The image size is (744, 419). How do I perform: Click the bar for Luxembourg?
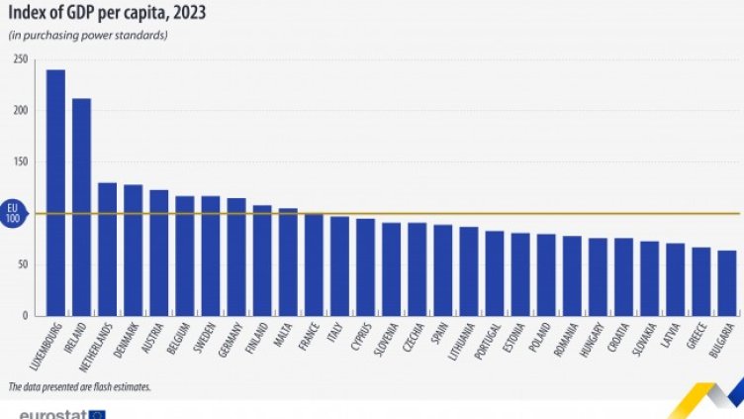point(55,192)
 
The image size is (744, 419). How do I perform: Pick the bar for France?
point(314,263)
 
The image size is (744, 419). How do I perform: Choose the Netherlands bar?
point(108,249)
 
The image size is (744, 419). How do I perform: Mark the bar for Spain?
point(443,269)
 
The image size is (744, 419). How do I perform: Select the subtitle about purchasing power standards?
point(89,36)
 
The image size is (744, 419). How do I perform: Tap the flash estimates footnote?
point(80,385)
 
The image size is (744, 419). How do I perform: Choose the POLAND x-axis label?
point(542,337)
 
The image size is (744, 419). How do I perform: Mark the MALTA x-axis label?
point(285,333)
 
